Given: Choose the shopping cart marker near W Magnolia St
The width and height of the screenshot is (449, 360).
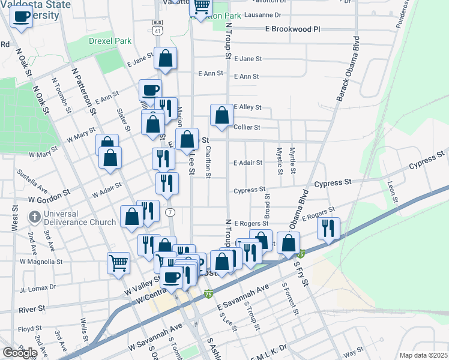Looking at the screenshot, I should coord(118,262).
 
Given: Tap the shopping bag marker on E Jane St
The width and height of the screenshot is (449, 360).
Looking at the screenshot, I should coord(165,58).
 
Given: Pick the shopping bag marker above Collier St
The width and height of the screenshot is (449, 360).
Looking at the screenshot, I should coord(221,115).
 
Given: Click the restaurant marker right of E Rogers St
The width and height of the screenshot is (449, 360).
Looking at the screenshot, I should coord(328,228).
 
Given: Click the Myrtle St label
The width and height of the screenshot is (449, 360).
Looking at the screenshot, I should coord(292,161).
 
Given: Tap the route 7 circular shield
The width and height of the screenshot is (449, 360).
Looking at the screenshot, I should coord(171,212).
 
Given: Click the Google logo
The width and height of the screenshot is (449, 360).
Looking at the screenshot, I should coord(20,352).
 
